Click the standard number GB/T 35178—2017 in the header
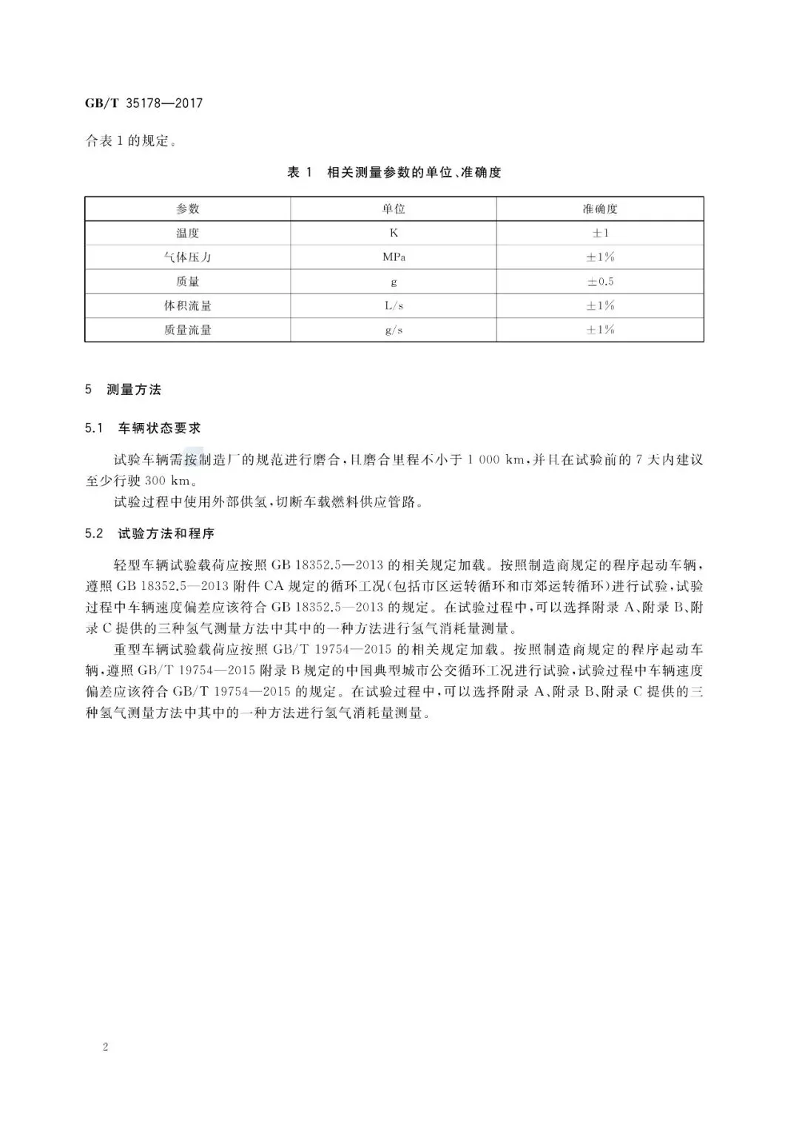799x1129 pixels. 144,103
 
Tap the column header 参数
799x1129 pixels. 188,209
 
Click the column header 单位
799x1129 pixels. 394,209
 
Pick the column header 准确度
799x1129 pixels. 600,209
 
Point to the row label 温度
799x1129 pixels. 188,233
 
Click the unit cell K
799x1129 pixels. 394,233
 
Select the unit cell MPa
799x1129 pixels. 394,257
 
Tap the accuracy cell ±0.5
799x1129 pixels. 600,282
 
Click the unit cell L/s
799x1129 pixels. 394,305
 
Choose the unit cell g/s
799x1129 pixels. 394,330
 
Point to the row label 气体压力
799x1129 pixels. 188,257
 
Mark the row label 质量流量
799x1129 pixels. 188,330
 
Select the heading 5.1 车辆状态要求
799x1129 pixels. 143,428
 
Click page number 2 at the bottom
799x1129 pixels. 106,1047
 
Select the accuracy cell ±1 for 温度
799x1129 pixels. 600,233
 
